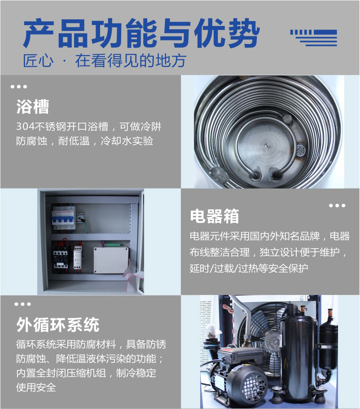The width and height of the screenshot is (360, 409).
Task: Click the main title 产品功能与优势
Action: point(141,33)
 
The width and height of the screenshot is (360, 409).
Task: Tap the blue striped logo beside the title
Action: point(314,38)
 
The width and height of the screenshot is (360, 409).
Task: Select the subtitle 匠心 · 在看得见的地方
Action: point(104,61)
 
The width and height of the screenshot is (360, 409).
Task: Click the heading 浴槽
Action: point(33,107)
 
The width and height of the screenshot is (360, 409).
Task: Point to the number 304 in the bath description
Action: point(25,127)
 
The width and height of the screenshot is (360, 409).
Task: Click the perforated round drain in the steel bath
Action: point(301,150)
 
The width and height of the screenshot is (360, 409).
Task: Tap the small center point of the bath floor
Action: point(267,145)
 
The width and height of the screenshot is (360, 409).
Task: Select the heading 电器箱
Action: point(214,216)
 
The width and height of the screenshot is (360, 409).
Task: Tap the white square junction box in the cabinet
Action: point(111,260)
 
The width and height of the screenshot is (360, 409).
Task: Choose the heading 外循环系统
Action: point(57,325)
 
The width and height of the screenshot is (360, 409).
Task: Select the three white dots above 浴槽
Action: point(19,87)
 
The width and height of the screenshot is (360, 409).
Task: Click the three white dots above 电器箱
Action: point(337,206)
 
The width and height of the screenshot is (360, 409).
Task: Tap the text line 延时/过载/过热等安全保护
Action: point(249,268)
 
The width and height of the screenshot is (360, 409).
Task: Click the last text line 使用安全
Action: point(36,387)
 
